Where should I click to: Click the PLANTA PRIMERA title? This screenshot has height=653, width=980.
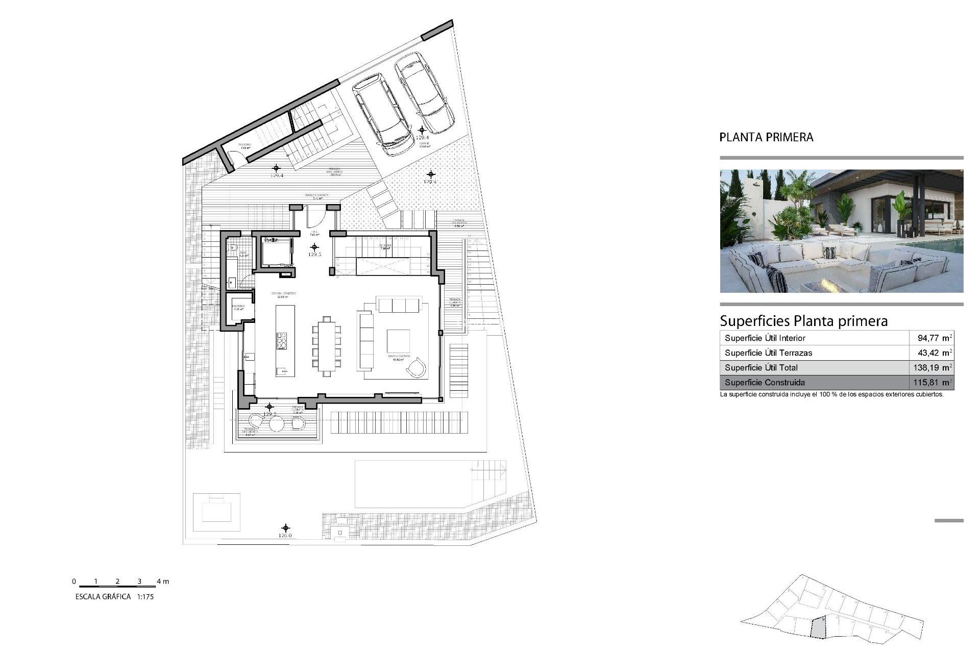(766, 137)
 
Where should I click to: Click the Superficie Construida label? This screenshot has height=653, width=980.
(765, 382)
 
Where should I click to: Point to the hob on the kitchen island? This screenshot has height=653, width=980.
(282, 340)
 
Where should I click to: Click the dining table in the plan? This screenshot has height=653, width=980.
(327, 346)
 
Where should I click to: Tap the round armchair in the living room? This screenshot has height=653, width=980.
(416, 367)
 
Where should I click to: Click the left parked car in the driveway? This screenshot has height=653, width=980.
(383, 115)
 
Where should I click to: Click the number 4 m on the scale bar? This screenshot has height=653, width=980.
(162, 581)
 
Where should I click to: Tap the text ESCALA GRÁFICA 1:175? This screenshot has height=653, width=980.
(114, 596)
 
